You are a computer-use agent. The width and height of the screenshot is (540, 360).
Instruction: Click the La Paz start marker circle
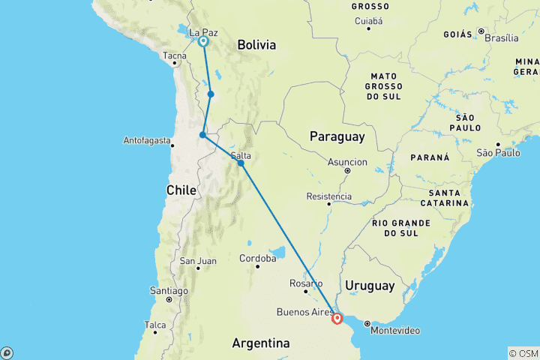pos(203,42)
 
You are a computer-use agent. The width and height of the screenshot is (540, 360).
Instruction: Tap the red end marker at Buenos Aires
pos(337,318)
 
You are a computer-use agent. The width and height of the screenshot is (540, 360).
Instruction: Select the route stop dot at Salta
pos(241,163)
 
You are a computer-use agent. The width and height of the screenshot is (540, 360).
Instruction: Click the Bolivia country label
pos(256,46)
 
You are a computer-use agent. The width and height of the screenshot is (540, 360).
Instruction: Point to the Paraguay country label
pos(337,136)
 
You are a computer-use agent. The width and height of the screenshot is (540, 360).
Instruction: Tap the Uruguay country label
pos(370,286)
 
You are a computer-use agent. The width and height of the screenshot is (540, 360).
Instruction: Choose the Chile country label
pos(181,190)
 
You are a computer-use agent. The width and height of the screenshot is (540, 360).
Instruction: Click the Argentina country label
pos(261,343)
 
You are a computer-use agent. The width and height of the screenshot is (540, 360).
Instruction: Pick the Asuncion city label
pos(348,162)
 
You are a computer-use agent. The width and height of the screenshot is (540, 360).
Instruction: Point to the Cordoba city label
pos(257,258)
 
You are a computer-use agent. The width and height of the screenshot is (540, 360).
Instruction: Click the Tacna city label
pos(175,55)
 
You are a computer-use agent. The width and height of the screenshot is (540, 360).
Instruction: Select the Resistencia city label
pos(329,196)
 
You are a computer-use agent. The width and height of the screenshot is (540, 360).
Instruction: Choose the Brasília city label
pos(502,37)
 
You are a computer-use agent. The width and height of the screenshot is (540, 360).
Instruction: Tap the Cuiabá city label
pos(367,21)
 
